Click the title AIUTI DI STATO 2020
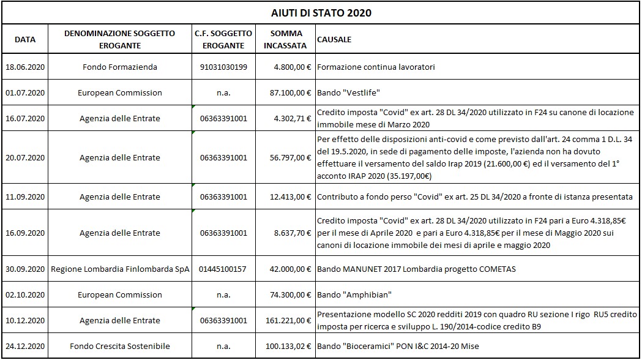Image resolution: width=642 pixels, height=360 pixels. (321, 12)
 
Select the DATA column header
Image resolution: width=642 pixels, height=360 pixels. (25, 40)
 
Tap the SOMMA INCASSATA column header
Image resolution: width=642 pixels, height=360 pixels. (286, 40)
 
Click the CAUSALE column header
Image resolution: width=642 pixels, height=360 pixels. (334, 40)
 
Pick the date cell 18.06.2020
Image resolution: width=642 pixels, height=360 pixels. (25, 67)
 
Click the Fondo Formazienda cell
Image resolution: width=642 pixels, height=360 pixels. (120, 67)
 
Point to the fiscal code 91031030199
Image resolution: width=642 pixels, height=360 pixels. (223, 67)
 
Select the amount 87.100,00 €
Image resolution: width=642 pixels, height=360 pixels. (291, 93)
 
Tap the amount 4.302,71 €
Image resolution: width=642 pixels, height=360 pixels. (295, 119)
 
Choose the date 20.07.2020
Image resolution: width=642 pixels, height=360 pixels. (25, 157)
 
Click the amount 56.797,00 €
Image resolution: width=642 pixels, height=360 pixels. (291, 157)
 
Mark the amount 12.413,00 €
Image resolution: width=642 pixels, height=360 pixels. (291, 197)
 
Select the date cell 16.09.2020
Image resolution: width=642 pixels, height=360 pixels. (25, 233)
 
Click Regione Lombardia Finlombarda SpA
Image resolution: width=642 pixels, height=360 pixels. (120, 269)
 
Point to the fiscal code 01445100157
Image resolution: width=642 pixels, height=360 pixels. (223, 269)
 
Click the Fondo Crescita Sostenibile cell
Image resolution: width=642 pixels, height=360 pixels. (120, 347)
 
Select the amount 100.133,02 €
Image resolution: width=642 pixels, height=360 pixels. (289, 347)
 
